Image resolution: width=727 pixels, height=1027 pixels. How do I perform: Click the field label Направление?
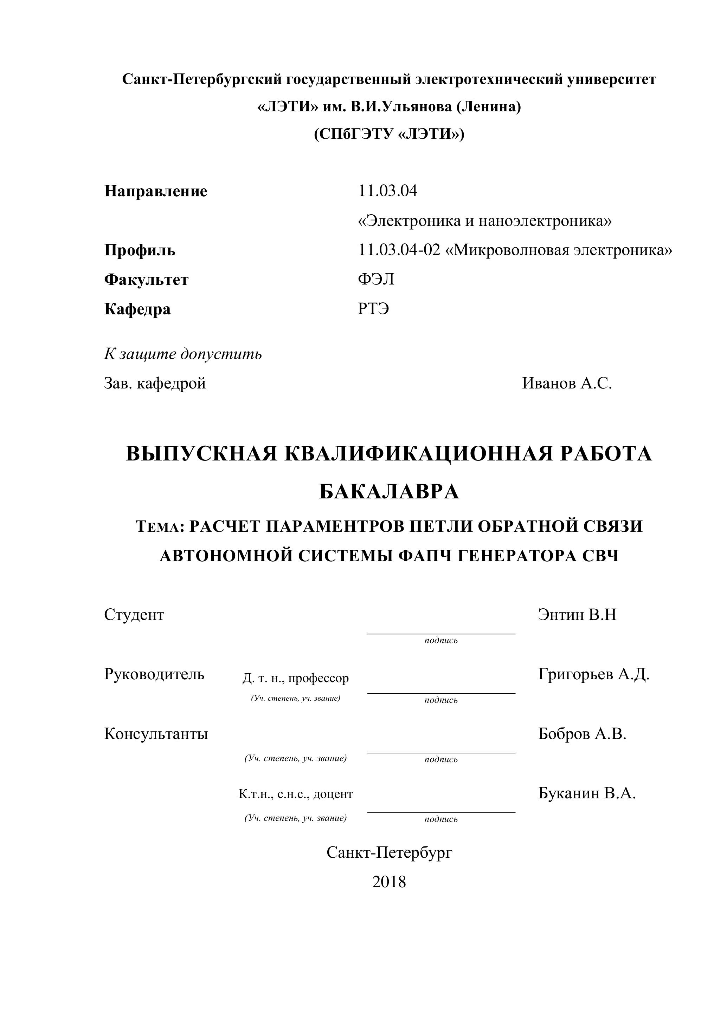click(155, 191)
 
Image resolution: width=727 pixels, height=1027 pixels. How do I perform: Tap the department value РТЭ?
click(373, 309)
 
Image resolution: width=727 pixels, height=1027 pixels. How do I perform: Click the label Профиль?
click(140, 250)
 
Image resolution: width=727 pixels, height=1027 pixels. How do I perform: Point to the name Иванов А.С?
click(566, 383)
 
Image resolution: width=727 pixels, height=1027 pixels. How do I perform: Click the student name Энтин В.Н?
click(577, 615)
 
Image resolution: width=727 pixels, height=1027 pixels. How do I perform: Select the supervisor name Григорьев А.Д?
click(594, 674)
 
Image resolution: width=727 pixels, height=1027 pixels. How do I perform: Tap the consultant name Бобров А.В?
click(582, 734)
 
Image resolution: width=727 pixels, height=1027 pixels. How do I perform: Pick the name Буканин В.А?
click(586, 793)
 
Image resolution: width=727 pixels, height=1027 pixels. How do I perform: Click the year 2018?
click(389, 882)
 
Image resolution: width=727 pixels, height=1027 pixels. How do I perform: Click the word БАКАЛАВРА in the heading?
click(389, 492)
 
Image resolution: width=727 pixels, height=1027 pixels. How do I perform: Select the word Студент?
click(134, 615)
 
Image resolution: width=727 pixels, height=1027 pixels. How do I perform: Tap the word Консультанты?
click(156, 734)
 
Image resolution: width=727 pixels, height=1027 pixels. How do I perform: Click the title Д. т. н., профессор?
click(295, 678)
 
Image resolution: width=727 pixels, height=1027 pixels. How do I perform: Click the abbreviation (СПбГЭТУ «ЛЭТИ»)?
click(389, 134)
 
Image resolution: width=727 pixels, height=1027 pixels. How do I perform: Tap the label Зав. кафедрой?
click(155, 383)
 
